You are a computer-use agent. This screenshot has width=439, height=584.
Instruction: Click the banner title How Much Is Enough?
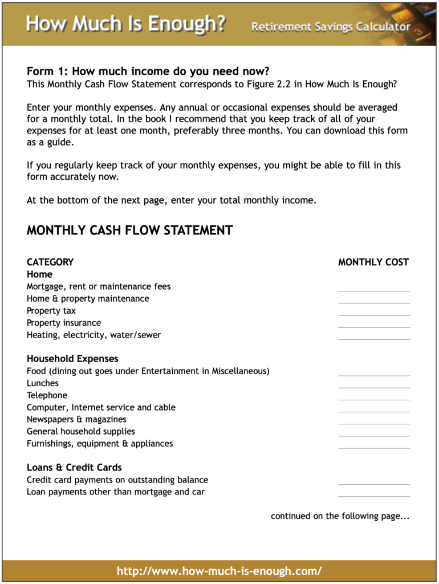point(125,24)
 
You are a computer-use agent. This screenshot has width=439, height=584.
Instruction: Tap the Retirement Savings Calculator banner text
point(331,27)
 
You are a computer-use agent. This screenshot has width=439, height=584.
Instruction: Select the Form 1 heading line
point(148,72)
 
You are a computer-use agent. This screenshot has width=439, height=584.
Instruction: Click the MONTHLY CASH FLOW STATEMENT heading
point(129,230)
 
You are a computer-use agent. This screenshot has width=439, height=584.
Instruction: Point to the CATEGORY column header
point(50,262)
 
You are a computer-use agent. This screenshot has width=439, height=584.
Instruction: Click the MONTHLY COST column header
point(373,262)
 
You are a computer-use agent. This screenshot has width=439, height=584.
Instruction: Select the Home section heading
point(39,274)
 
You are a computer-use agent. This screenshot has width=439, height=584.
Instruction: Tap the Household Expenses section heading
point(72,359)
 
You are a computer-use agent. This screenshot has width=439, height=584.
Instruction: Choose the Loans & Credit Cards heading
point(74,468)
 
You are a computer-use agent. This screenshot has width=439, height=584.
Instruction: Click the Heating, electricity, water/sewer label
point(94,335)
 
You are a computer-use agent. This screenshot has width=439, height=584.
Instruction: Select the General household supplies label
point(81,432)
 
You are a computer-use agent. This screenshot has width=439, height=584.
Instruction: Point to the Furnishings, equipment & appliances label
point(100,444)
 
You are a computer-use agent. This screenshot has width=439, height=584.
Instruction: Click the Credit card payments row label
point(117,480)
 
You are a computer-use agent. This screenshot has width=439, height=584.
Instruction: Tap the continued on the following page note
point(340,516)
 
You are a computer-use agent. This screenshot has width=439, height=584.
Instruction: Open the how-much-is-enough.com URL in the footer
point(219,571)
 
